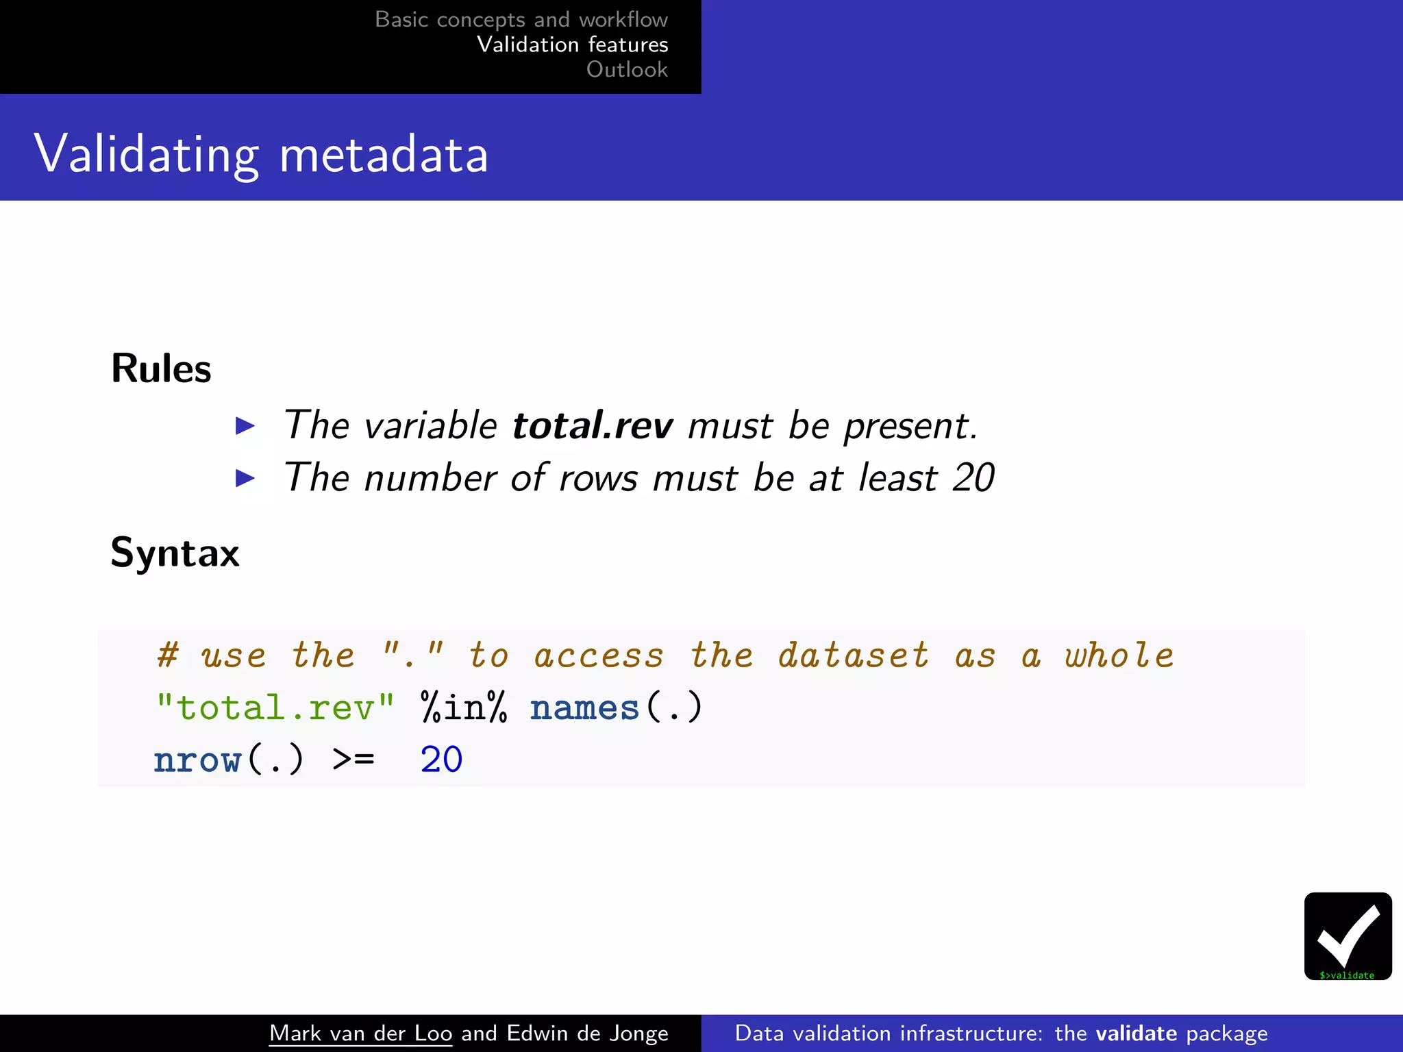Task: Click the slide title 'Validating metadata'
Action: tap(261, 154)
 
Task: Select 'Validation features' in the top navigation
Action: tap(572, 45)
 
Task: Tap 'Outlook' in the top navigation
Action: tap(627, 69)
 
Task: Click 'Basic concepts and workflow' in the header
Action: tap(521, 19)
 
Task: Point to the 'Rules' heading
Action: tap(161, 368)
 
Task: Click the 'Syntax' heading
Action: tap(175, 552)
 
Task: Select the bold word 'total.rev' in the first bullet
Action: tap(593, 425)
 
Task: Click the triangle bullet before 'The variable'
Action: tap(245, 425)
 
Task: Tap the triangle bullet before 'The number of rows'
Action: tap(245, 477)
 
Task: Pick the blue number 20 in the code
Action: tap(441, 760)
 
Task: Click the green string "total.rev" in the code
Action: tap(275, 707)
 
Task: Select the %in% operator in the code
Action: tap(464, 707)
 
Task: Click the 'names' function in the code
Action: tap(584, 707)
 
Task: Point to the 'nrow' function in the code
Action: tap(197, 760)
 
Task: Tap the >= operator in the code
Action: tap(353, 760)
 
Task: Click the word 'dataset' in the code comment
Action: tap(853, 655)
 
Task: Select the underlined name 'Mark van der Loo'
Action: tap(360, 1033)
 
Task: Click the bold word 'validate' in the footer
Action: tap(1136, 1033)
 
